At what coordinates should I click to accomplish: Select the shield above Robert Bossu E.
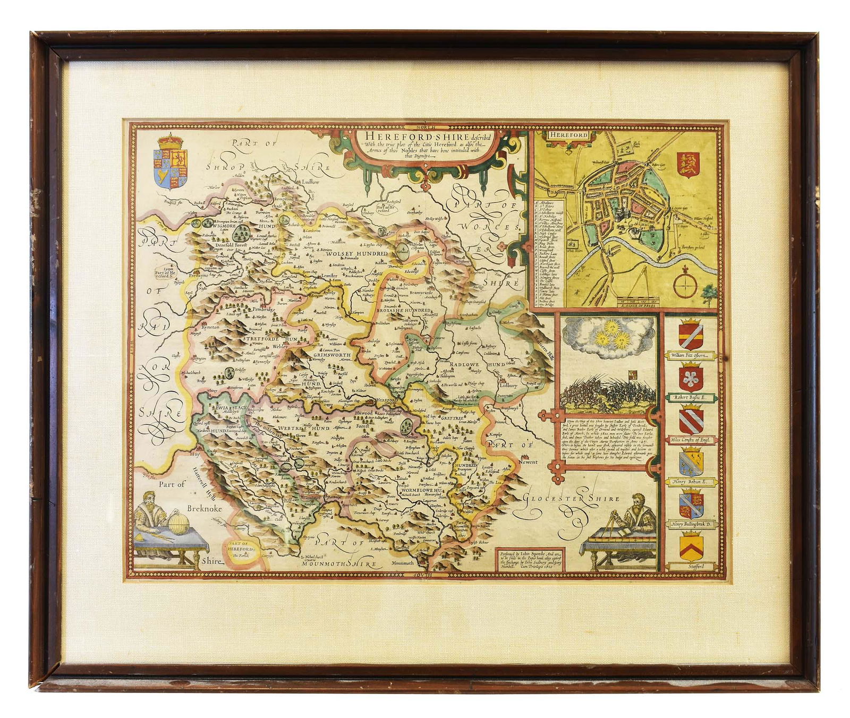tap(691, 377)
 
